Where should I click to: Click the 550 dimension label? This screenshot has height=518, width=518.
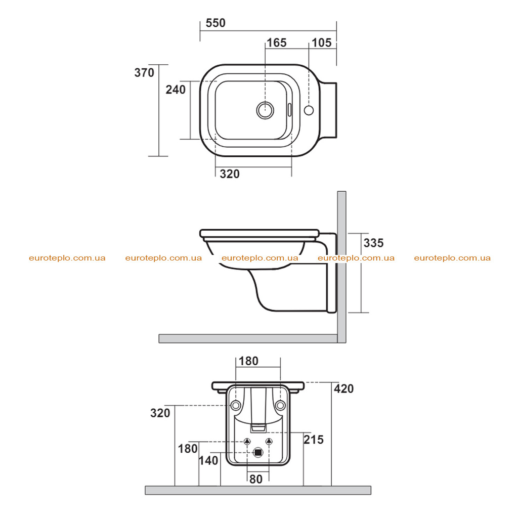(x=215, y=23)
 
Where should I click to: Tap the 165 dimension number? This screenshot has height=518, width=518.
(x=277, y=42)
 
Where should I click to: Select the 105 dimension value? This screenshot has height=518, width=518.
(x=321, y=42)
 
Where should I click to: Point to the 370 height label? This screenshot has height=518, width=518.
(x=144, y=72)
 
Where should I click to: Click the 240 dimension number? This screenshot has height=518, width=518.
(x=176, y=90)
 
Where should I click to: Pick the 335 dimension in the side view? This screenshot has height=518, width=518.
(x=373, y=243)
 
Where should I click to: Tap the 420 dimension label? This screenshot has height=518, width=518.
(x=343, y=388)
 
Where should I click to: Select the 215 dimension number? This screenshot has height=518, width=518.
(x=314, y=440)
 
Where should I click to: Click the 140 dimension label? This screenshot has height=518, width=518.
(x=208, y=460)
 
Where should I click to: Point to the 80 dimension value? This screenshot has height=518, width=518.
(x=255, y=479)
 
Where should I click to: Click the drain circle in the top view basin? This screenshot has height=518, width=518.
(x=265, y=110)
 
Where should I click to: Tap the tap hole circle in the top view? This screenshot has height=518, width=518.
(x=309, y=110)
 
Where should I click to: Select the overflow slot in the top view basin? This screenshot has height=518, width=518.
(x=289, y=110)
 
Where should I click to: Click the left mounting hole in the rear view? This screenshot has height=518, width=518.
(x=236, y=405)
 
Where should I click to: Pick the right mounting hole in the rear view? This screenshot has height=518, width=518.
(x=280, y=405)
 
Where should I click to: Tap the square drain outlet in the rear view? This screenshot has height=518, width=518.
(x=258, y=453)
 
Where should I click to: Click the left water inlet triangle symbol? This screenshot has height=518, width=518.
(x=247, y=441)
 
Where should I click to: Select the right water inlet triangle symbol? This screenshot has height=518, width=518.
(x=269, y=441)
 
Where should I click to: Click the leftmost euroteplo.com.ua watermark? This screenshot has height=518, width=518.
(x=67, y=258)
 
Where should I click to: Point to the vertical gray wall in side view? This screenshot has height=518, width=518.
(x=341, y=267)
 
